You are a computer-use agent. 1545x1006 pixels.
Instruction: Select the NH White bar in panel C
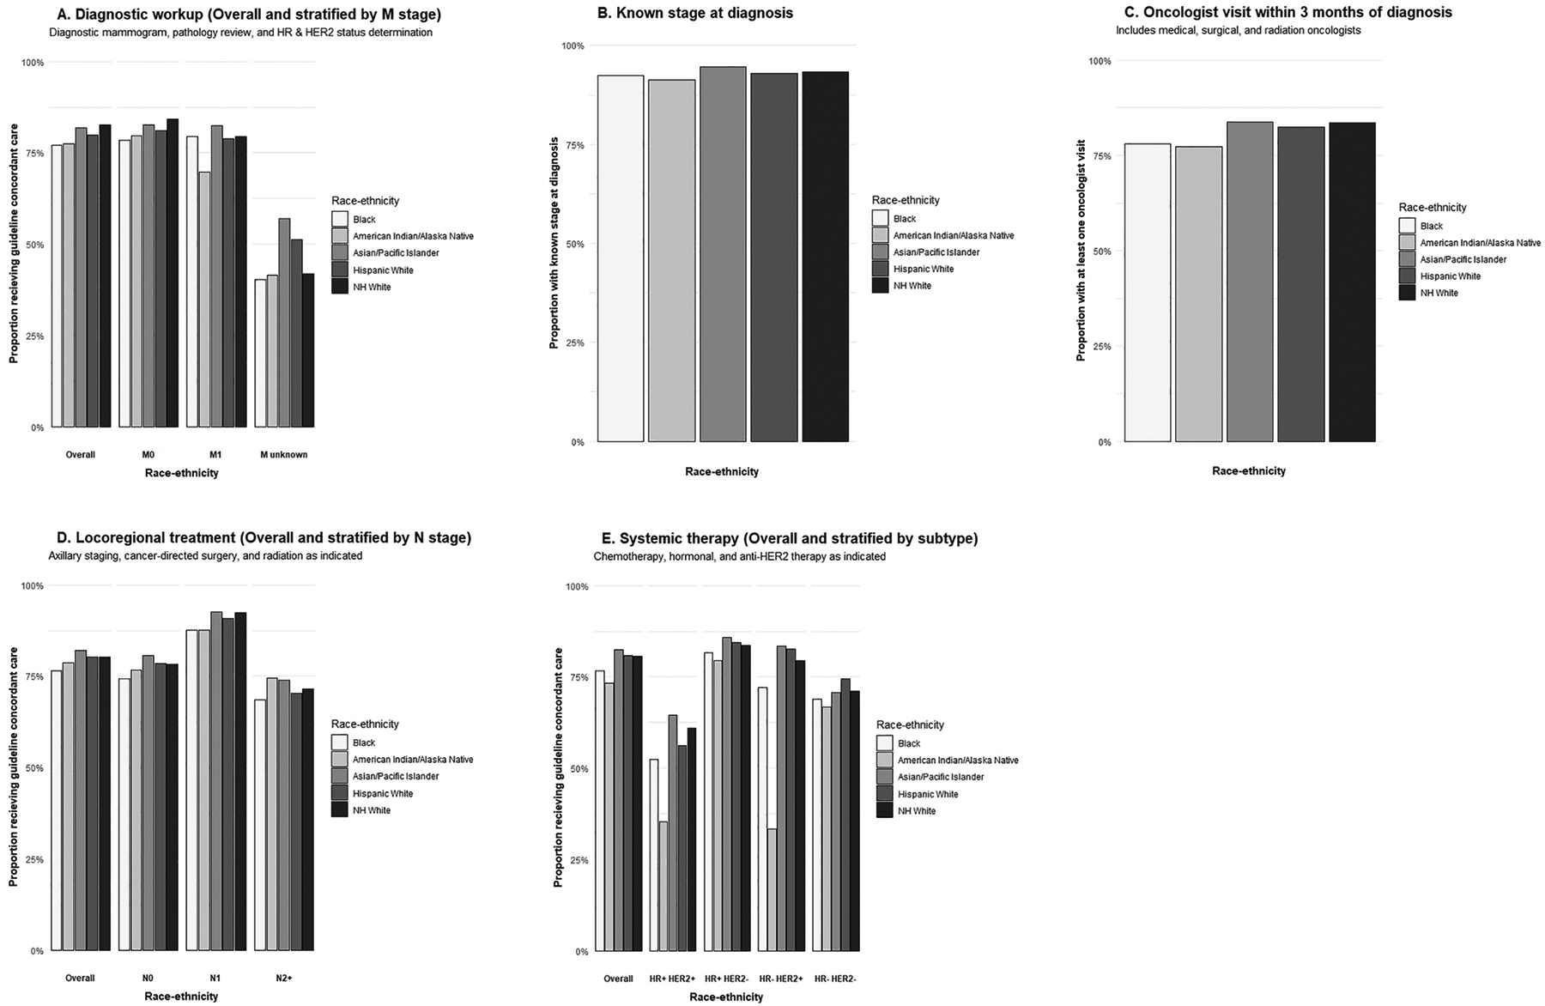pyautogui.click(x=1352, y=282)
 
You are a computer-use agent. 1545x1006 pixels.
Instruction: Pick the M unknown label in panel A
pyautogui.click(x=284, y=455)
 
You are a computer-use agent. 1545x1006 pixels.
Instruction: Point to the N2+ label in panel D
pyautogui.click(x=284, y=979)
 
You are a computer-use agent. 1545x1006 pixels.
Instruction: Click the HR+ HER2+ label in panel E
pyautogui.click(x=672, y=979)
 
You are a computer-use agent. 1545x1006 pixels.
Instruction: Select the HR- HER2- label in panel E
pyautogui.click(x=835, y=979)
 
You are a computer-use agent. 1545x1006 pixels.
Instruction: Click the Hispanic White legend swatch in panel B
pyautogui.click(x=880, y=270)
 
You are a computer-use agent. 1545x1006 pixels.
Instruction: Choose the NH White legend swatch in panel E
pyautogui.click(x=885, y=811)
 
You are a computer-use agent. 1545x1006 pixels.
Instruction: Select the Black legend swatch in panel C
pyautogui.click(x=1407, y=226)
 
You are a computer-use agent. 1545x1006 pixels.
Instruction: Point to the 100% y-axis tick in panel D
pyautogui.click(x=33, y=586)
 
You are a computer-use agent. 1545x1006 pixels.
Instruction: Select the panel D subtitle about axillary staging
pyautogui.click(x=205, y=556)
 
